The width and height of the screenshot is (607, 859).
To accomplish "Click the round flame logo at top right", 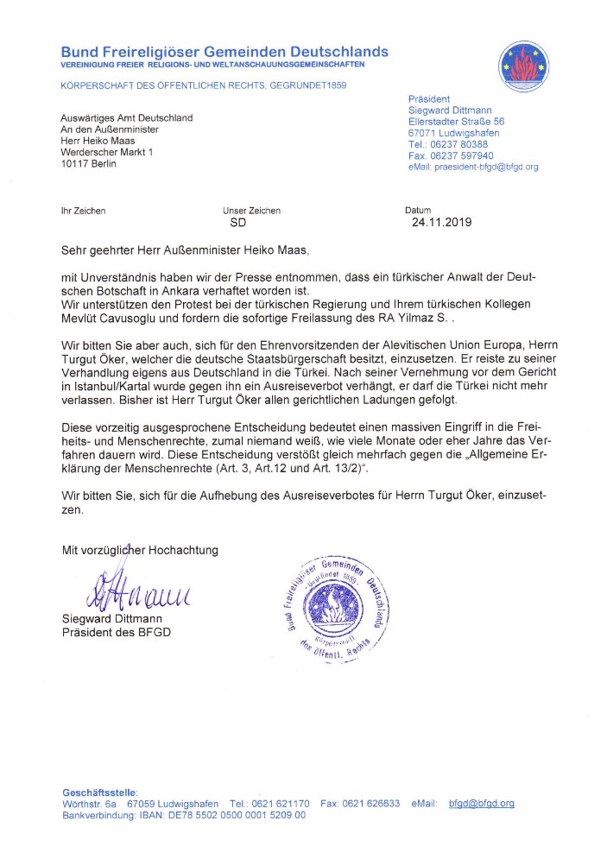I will pyautogui.click(x=523, y=66).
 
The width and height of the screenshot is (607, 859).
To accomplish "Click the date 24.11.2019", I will pyautogui.click(x=443, y=222).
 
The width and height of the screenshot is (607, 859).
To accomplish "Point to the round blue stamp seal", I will pyautogui.click(x=336, y=607).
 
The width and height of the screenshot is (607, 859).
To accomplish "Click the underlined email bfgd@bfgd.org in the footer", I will pyautogui.click(x=482, y=803).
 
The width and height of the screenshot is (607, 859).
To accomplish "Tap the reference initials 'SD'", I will pyautogui.click(x=237, y=222).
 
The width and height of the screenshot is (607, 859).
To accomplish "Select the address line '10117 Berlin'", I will pyautogui.click(x=88, y=164).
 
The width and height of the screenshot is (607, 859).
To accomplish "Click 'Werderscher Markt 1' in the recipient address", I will pyautogui.click(x=106, y=152).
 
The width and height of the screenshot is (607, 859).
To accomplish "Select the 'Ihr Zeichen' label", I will pyautogui.click(x=83, y=210).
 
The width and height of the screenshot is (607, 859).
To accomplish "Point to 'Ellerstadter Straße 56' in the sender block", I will pyautogui.click(x=456, y=122).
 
